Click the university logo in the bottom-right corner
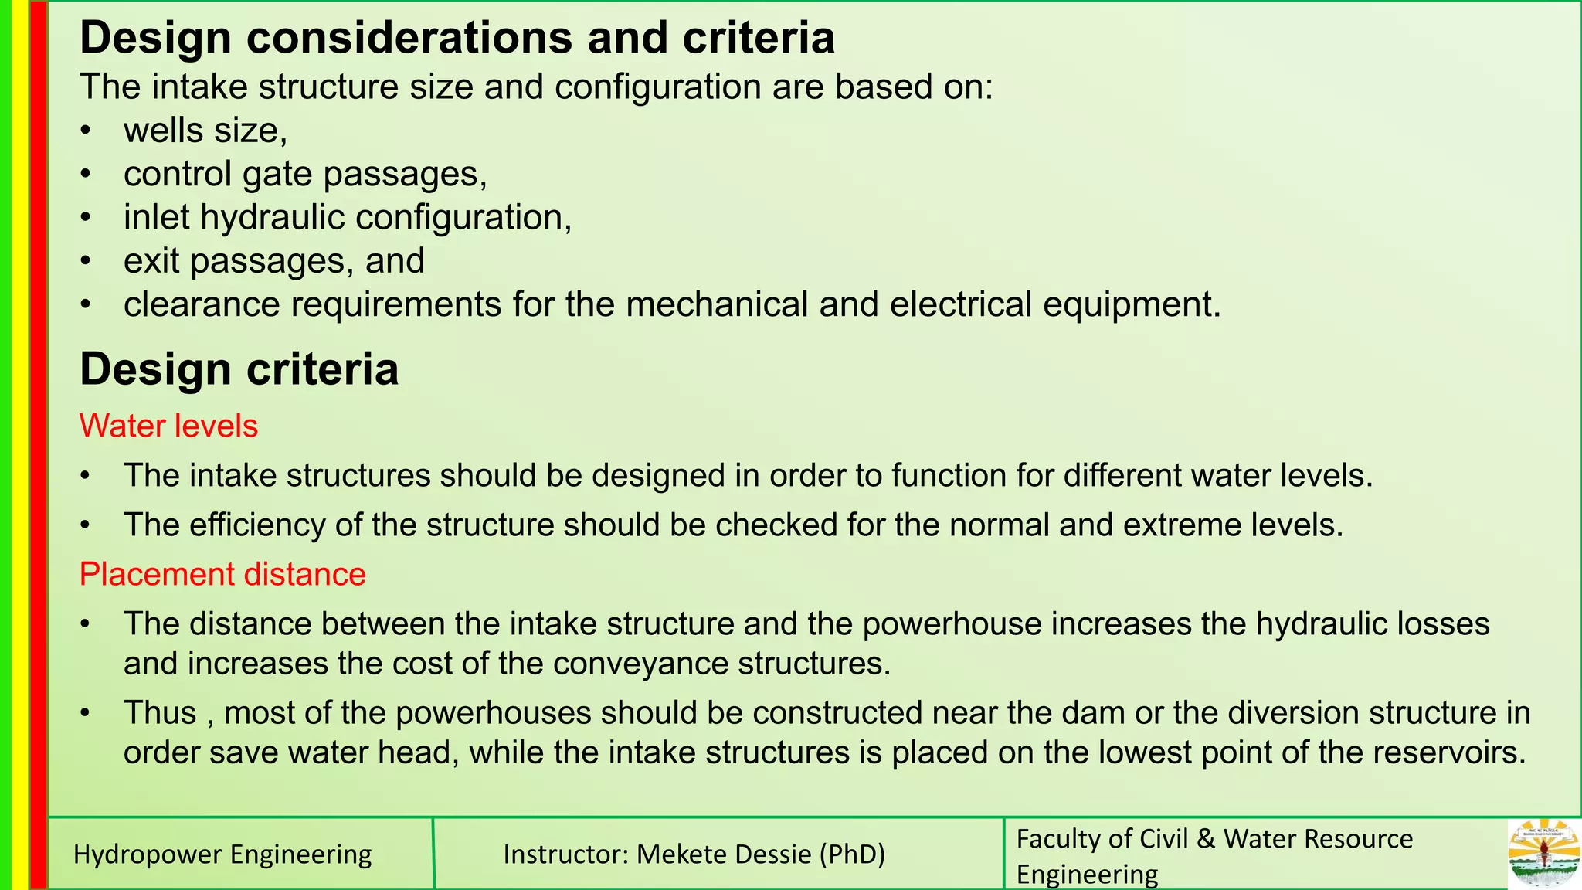[1543, 853]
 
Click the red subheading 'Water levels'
[168, 426]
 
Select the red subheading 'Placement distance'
[222, 574]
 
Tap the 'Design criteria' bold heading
[239, 369]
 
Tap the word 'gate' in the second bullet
[277, 174]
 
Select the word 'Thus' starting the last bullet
[160, 712]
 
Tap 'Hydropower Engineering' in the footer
[222, 854]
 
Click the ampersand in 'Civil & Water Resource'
[1206, 838]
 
